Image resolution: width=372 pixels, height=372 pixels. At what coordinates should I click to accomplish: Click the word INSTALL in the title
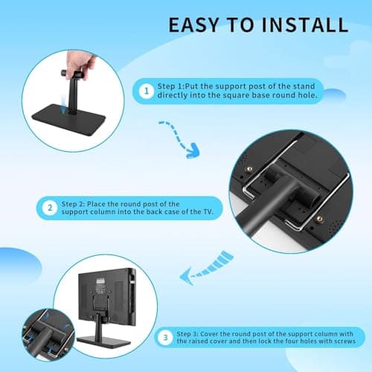pyautogui.click(x=305, y=24)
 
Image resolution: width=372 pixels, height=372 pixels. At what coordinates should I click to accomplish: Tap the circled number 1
pyautogui.click(x=147, y=92)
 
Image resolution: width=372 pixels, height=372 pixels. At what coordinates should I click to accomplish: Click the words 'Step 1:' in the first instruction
pyautogui.click(x=177, y=86)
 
